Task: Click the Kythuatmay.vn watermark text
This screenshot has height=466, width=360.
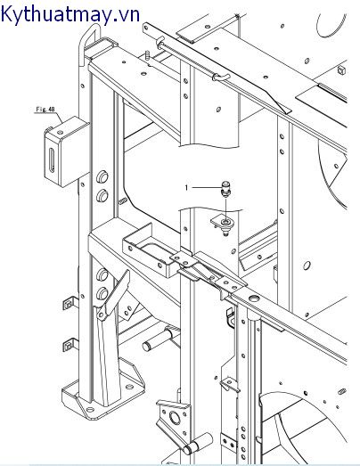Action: point(70,14)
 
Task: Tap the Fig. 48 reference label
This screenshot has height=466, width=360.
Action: point(45,110)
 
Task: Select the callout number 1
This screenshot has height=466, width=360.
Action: point(187,188)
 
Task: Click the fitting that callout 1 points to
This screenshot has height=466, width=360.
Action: point(226,190)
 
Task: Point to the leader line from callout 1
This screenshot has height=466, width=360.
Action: point(207,187)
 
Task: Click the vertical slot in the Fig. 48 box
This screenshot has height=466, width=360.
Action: point(52,160)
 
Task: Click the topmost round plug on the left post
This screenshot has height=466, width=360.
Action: point(102,177)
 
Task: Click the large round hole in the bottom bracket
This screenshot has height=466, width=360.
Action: point(175,419)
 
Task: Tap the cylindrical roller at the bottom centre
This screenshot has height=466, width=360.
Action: point(198,444)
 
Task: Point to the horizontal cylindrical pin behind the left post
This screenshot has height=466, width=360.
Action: point(157,339)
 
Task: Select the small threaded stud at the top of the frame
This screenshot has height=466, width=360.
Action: point(147,55)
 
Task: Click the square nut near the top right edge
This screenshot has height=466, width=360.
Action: point(341,70)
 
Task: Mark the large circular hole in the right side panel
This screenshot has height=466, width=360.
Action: point(307,265)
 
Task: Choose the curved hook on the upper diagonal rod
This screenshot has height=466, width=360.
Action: point(220,78)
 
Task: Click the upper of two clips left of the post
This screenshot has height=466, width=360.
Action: point(70,303)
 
